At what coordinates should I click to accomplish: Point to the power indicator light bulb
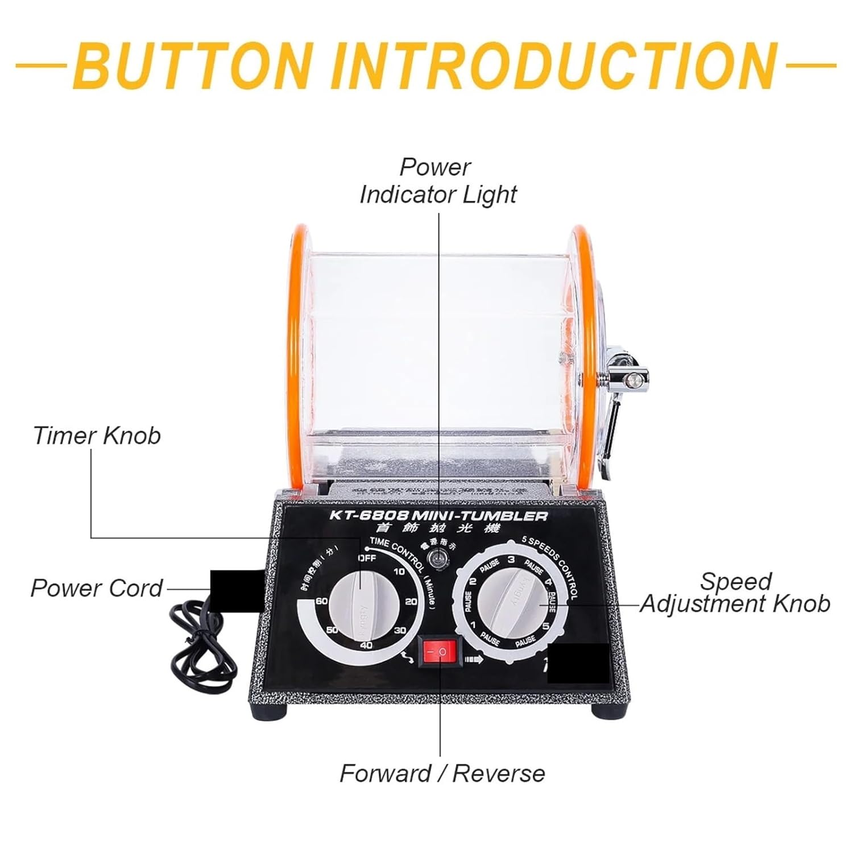point(438,560)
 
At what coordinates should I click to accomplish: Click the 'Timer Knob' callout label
point(97,436)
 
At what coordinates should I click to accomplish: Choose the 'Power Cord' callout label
point(97,588)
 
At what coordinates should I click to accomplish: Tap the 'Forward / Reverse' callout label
point(442,773)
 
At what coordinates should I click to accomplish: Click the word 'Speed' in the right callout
point(735,581)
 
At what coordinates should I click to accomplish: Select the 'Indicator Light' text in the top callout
point(438,194)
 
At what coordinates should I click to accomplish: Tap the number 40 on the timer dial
point(366,645)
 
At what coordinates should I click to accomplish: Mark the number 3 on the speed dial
point(511,560)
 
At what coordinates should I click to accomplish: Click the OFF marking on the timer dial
point(367,558)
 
